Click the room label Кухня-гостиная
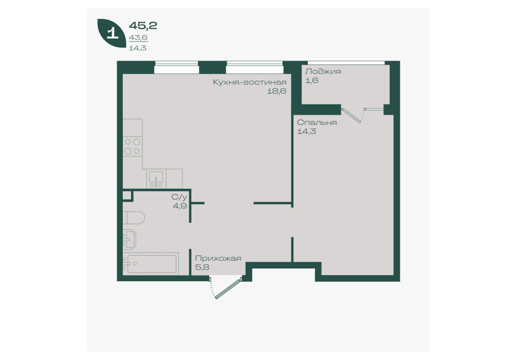click(250, 82)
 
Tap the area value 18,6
click(276, 91)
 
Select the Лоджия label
click(323, 71)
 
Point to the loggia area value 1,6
click(311, 80)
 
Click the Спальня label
click(317, 122)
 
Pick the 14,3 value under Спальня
click(306, 131)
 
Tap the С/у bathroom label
click(179, 197)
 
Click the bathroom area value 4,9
click(180, 206)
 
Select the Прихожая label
click(218, 258)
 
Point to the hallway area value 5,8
click(202, 267)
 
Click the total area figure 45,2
click(143, 25)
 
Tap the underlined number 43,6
click(138, 38)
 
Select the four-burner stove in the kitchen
click(133, 147)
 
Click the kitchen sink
click(156, 178)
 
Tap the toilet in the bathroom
click(134, 218)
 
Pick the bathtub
click(152, 264)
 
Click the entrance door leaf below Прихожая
click(229, 289)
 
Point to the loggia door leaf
click(352, 116)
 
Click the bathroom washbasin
click(130, 239)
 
